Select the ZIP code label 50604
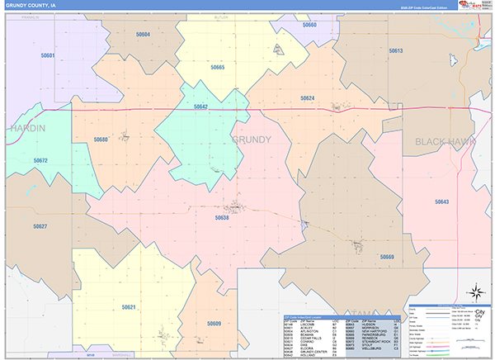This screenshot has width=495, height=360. tap(143, 34)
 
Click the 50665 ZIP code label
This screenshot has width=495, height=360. tap(217, 67)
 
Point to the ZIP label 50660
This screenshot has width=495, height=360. tap(309, 26)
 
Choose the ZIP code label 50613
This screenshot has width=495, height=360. tap(395, 51)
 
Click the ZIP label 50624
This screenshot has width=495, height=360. tap(307, 98)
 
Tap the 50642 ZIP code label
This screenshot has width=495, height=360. tap(200, 107)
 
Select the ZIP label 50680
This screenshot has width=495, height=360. tap(101, 140)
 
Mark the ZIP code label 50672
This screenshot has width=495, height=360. tap(40, 160)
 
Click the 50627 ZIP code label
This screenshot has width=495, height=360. tap(40, 225)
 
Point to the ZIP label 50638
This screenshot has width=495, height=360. tap(222, 218)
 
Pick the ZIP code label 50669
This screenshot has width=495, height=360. tap(387, 257)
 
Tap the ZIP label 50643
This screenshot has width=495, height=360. tap(441, 202)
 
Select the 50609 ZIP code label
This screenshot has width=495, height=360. tap(214, 323)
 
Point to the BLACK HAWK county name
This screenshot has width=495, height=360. tap(446, 141)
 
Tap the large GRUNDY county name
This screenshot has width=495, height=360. tap(251, 140)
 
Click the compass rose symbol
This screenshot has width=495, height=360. tap(475, 291)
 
